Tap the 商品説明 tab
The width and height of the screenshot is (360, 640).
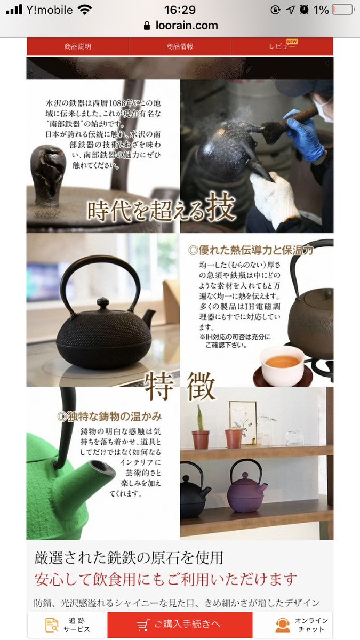click(x=78, y=46)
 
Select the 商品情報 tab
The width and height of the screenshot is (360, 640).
click(x=180, y=46)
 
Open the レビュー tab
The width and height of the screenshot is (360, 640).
click(x=282, y=46)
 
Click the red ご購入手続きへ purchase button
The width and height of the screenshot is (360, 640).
click(x=180, y=625)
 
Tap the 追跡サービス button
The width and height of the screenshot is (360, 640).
click(x=66, y=625)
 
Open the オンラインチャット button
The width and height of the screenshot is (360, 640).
click(x=294, y=625)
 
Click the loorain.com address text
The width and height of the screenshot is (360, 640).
click(x=187, y=26)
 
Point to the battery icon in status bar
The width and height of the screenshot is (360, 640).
click(x=343, y=10)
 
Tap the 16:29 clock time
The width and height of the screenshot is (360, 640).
click(x=180, y=10)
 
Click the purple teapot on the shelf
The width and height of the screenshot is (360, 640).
click(x=246, y=486)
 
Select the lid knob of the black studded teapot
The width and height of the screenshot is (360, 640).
click(x=103, y=303)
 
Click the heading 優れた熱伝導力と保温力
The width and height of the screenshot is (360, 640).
click(x=251, y=250)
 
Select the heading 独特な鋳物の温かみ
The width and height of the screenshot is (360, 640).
click(x=109, y=417)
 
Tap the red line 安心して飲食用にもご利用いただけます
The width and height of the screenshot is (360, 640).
click(x=166, y=579)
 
